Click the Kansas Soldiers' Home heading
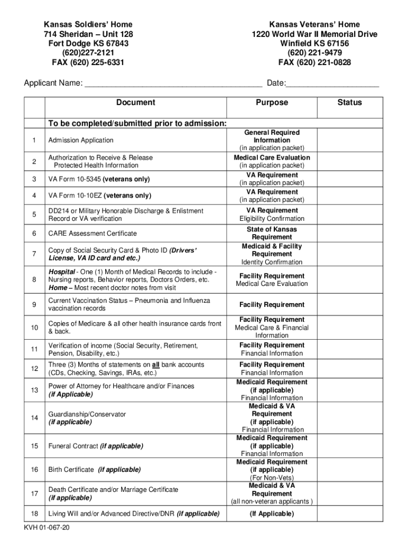(x=88, y=25)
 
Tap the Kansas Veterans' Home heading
(x=314, y=25)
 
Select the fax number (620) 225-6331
(x=88, y=63)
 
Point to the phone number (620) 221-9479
(x=314, y=53)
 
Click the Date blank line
(x=332, y=83)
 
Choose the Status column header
(x=349, y=102)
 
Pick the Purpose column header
(x=272, y=102)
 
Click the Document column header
(x=136, y=102)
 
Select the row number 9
(x=34, y=305)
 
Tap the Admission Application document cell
(x=81, y=141)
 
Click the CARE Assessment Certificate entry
(x=92, y=234)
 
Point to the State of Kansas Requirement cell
(x=272, y=234)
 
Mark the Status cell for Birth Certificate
(x=349, y=470)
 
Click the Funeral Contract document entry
(x=96, y=446)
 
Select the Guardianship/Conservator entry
(x=87, y=415)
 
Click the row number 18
(x=34, y=514)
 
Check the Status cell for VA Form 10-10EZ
(x=349, y=196)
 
